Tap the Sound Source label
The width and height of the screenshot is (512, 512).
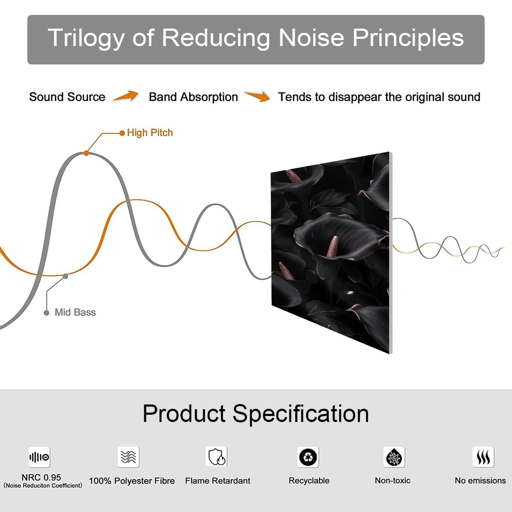(x=67, y=97)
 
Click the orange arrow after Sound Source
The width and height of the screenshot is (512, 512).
(x=126, y=96)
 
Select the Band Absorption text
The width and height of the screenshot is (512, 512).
(x=193, y=97)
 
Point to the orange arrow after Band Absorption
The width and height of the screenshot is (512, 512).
(x=257, y=96)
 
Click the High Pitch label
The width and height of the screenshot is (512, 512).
(x=150, y=133)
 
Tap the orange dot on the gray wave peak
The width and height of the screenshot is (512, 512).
(x=86, y=153)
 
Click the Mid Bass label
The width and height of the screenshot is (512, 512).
(x=75, y=312)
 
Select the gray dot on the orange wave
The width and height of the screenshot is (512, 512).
(x=65, y=276)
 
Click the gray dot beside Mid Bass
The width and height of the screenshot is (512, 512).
(x=47, y=313)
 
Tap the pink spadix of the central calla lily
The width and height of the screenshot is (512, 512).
(x=332, y=247)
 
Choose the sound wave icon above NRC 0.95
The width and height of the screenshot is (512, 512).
(x=39, y=457)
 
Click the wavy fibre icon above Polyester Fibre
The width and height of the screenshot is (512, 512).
(x=128, y=457)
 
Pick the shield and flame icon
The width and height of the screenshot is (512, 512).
(x=216, y=457)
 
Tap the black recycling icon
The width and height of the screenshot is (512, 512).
(x=308, y=457)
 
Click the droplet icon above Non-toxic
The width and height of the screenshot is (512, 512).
(x=394, y=457)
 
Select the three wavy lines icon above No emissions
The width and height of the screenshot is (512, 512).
(x=483, y=457)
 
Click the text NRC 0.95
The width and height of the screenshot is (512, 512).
(x=41, y=477)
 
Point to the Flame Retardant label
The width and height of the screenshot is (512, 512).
(x=218, y=481)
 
